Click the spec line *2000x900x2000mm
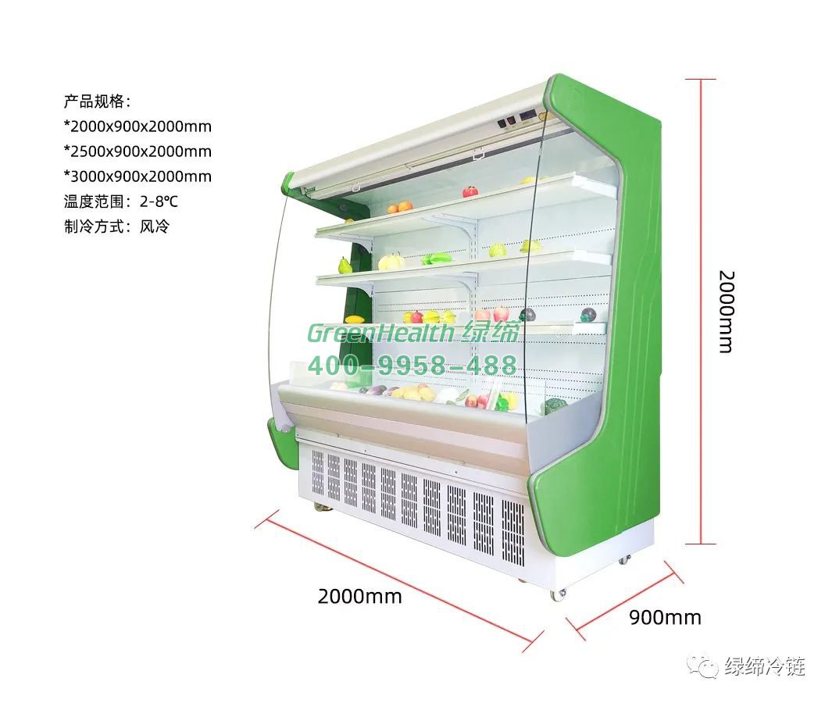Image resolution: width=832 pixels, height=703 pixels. click(137, 126)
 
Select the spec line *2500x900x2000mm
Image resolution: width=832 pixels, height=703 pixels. click(137, 151)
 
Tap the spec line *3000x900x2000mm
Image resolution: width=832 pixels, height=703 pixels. click(137, 177)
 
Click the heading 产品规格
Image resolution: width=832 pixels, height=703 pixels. click(97, 101)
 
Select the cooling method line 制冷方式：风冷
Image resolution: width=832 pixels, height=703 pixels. click(116, 227)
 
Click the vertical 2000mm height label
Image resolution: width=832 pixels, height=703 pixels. click(726, 312)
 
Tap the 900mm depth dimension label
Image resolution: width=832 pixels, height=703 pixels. click(665, 618)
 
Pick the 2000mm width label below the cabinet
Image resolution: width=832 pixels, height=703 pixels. click(359, 597)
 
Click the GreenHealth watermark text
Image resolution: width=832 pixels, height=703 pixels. click(379, 333)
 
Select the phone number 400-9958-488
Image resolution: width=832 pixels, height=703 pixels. click(412, 365)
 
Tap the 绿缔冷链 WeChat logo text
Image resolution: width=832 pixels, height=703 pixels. click(764, 666)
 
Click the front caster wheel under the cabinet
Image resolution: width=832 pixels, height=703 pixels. click(558, 594)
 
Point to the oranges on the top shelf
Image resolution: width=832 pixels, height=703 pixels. click(399, 207)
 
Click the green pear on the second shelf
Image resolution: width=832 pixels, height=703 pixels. click(345, 266)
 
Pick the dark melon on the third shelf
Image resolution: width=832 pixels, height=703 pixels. click(529, 315)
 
